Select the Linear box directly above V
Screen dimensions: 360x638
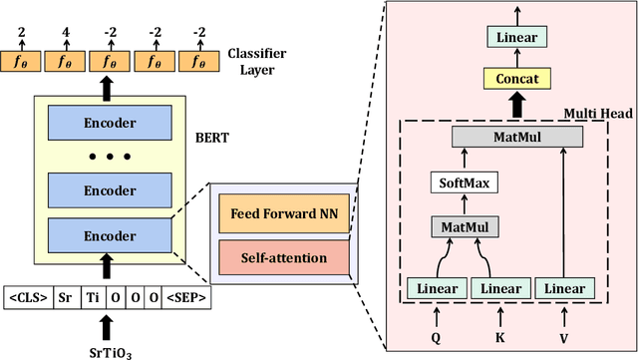pyautogui.click(x=563, y=289)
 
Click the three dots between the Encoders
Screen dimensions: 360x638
pyautogui.click(x=107, y=157)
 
